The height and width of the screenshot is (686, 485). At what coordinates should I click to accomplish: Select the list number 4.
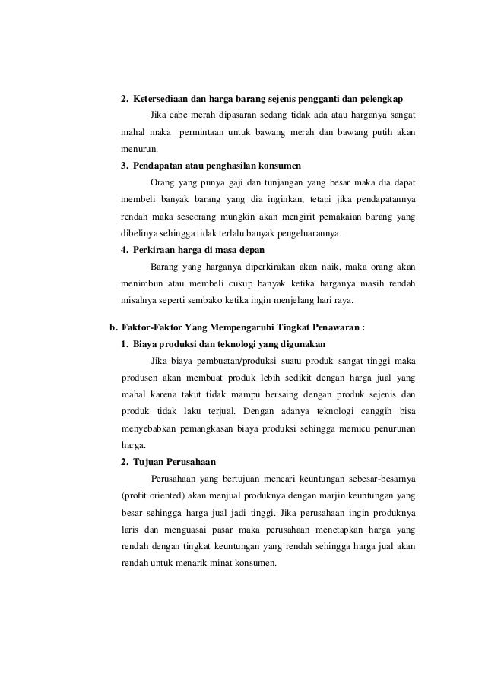pyautogui.click(x=124, y=249)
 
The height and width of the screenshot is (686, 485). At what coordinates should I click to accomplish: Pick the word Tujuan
pyautogui.click(x=151, y=461)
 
